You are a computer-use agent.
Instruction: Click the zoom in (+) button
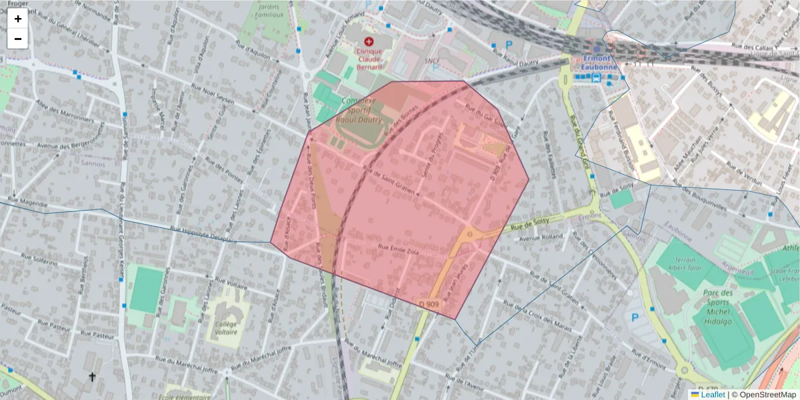(x=17, y=19)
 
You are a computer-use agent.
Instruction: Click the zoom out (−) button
(x=17, y=39)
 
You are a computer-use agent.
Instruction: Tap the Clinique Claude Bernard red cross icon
(x=369, y=41)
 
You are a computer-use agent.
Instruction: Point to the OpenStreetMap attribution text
(x=763, y=395)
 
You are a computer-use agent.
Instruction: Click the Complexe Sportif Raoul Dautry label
(x=362, y=111)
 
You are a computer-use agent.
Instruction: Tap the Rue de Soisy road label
(x=530, y=223)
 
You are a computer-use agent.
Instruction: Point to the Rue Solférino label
(x=40, y=259)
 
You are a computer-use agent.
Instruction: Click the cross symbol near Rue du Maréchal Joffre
(x=93, y=377)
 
